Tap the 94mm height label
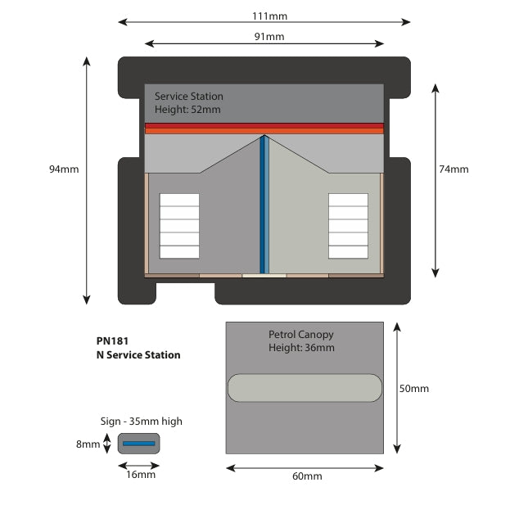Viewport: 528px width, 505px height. tap(64, 169)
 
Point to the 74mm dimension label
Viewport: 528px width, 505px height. tap(454, 169)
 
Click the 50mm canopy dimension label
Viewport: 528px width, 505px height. tap(413, 389)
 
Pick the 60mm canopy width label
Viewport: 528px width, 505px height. tap(307, 476)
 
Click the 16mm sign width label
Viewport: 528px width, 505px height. tap(140, 475)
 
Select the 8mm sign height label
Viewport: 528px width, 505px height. tap(88, 444)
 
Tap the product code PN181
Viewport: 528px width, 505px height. tap(112, 340)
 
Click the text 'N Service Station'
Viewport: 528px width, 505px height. tap(138, 354)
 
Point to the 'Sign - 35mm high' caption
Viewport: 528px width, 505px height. tap(141, 422)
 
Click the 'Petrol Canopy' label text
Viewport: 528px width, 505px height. tap(300, 335)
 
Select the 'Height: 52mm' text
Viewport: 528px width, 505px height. tap(187, 110)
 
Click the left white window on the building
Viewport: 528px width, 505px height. tap(178, 225)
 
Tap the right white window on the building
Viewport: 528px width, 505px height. tap(348, 225)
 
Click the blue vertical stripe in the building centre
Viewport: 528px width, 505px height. tap(264, 205)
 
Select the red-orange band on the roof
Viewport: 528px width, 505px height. tap(264, 128)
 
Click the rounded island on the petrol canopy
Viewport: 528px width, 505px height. tap(304, 388)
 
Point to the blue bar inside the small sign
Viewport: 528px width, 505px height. tap(139, 444)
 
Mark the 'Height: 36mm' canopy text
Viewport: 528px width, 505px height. tap(301, 348)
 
